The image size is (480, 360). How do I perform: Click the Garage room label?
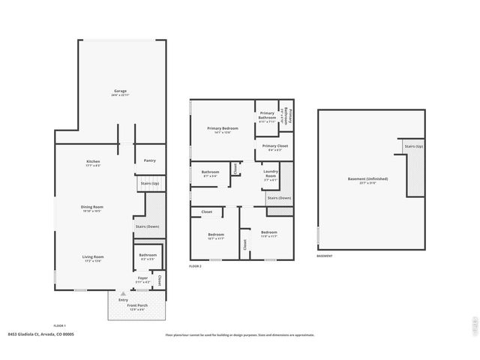(x=121, y=91)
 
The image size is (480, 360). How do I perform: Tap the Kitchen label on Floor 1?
(x=93, y=161)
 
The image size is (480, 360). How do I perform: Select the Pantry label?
(x=149, y=160)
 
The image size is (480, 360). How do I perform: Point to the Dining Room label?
(x=92, y=206)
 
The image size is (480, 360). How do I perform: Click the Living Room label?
(x=93, y=256)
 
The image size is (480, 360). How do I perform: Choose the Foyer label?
(x=142, y=277)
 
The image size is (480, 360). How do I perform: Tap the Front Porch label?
(x=137, y=305)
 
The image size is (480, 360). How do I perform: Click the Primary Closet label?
(x=275, y=145)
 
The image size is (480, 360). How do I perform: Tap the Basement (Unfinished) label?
(x=367, y=178)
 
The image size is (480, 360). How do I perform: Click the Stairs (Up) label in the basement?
(x=413, y=146)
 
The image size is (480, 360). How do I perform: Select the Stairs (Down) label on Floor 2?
(x=279, y=198)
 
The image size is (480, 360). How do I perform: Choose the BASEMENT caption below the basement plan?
(x=325, y=256)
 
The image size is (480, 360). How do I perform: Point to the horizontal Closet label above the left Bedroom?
(x=206, y=212)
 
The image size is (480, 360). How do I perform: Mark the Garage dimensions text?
(x=121, y=95)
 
